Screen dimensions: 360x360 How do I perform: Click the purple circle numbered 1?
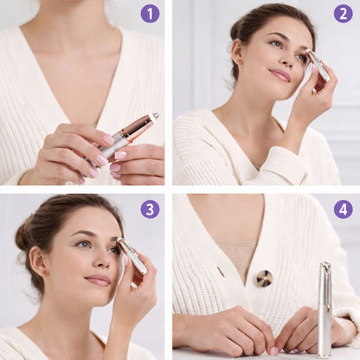[x=150, y=14]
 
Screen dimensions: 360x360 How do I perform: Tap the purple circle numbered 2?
[x=344, y=14]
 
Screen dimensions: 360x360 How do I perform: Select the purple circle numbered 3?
[x=150, y=209]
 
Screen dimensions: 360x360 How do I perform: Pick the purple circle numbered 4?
[x=344, y=209]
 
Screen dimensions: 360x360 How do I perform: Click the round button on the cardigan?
[x=265, y=279]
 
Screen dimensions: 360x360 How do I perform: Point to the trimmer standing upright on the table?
[x=325, y=309]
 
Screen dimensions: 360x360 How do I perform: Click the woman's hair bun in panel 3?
[x=23, y=233]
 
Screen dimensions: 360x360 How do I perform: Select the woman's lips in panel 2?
[x=280, y=74]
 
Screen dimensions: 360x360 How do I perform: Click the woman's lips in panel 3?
[x=97, y=280]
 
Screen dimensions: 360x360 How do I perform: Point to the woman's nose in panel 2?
[x=289, y=59]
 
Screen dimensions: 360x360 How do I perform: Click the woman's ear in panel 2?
[x=238, y=52]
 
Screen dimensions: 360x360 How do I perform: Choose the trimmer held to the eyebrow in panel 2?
[x=318, y=65]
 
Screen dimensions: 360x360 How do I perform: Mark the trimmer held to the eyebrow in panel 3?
[x=132, y=255]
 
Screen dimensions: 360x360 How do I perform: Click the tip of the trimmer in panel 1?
[x=157, y=115]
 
